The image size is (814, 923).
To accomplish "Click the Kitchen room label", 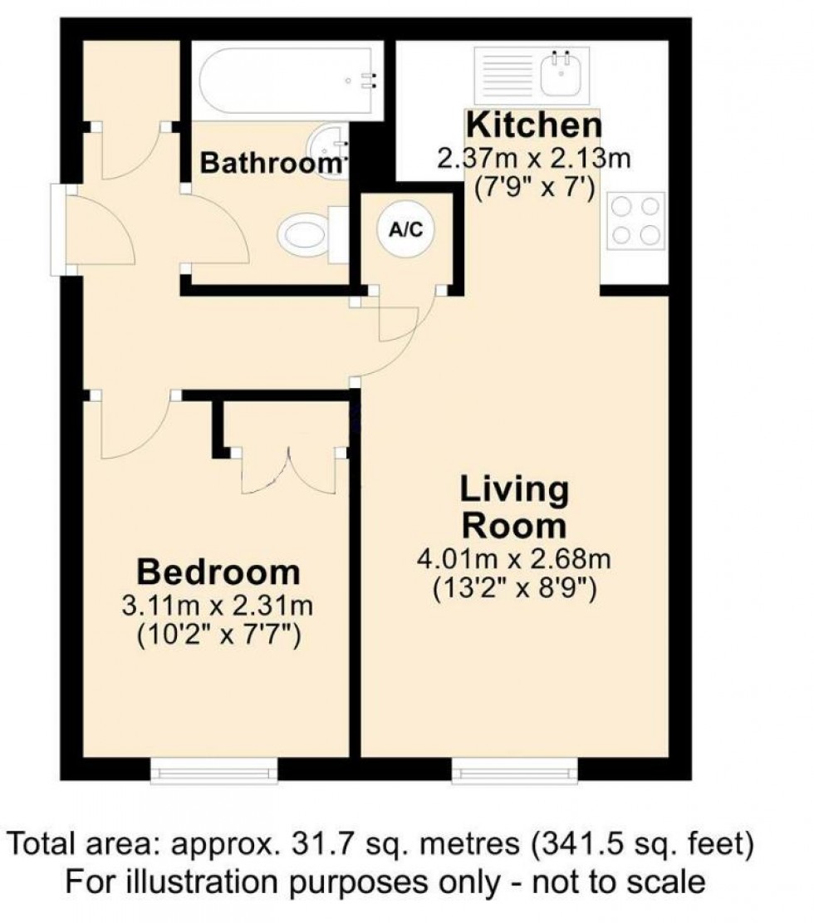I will (533, 125).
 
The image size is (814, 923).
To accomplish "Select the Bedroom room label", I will (218, 572).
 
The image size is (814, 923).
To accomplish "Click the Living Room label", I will (515, 508).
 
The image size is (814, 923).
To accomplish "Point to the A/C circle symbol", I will (407, 230).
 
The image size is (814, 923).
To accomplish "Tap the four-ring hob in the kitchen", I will (637, 220).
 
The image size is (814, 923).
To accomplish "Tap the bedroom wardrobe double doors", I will (288, 471).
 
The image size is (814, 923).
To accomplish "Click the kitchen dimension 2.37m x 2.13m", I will (533, 158).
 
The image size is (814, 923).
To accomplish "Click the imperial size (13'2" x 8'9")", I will (515, 589).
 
